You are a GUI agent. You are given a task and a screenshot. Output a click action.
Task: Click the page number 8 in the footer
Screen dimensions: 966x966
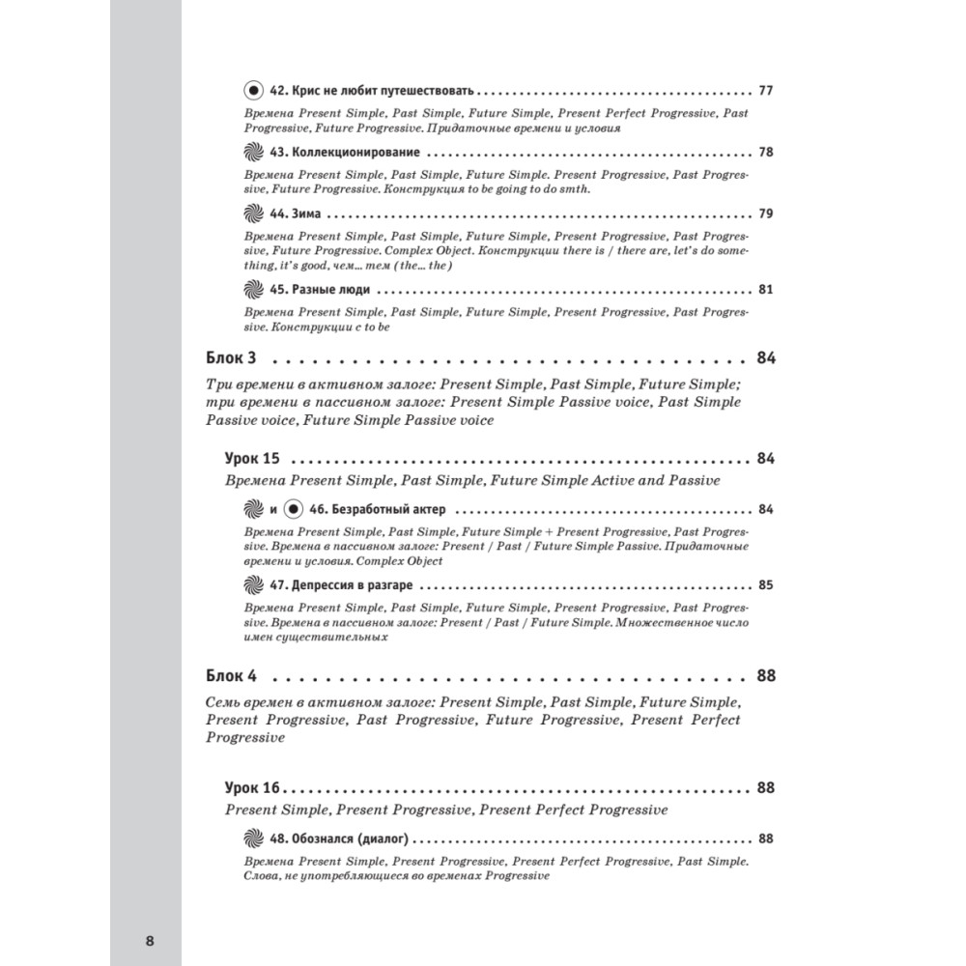[x=148, y=942]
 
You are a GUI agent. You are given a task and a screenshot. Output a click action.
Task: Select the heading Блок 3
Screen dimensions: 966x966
[x=236, y=358]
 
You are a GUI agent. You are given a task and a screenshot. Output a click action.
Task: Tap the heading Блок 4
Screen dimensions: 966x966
[x=236, y=675]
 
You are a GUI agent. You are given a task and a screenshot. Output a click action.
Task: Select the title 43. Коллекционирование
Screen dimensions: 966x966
[x=344, y=153]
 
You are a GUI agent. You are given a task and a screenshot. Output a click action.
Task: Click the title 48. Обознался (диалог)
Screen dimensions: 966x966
[x=343, y=838]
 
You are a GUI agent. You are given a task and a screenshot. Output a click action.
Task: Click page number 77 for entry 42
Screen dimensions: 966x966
[x=766, y=92]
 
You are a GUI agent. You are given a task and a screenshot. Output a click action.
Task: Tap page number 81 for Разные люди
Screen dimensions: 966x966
[x=766, y=289]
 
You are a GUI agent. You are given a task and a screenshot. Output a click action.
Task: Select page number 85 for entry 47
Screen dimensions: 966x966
[x=766, y=585]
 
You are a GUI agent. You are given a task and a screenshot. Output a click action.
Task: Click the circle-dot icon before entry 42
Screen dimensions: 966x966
[x=252, y=91]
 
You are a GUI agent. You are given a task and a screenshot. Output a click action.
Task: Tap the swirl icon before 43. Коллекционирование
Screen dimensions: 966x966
[x=252, y=153]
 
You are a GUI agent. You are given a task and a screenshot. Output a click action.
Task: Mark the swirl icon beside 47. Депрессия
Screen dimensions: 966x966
[x=252, y=585]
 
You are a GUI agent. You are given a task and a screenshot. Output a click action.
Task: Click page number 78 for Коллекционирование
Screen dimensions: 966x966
[x=766, y=153]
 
